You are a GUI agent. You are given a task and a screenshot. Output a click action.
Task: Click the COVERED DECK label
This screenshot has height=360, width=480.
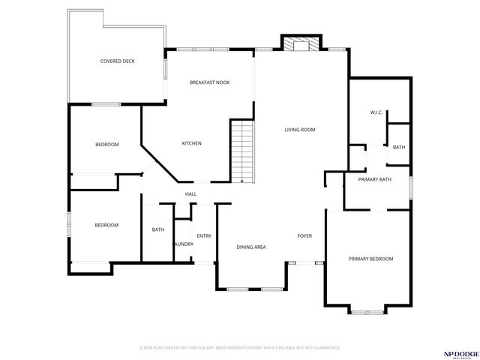(x=117, y=61)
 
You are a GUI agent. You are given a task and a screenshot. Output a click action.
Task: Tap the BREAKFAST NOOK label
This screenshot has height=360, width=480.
(x=209, y=82)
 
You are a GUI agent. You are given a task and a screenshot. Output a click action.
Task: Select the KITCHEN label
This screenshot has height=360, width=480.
(x=192, y=143)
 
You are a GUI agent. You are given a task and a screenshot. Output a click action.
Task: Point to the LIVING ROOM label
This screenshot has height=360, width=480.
(x=299, y=130)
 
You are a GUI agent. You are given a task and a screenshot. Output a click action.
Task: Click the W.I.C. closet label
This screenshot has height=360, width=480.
(x=376, y=112)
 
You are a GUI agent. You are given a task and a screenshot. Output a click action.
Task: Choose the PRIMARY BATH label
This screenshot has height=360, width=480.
(x=375, y=179)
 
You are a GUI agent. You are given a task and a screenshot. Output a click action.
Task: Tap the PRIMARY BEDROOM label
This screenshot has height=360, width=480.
(x=370, y=259)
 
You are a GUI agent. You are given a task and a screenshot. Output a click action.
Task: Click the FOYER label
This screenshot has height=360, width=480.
(x=304, y=236)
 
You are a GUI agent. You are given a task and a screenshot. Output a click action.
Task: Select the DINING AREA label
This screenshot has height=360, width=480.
(x=251, y=247)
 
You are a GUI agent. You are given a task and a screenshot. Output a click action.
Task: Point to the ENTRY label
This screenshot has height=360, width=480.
(x=203, y=236)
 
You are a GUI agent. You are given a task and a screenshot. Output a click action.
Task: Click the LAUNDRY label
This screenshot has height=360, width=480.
(x=183, y=244)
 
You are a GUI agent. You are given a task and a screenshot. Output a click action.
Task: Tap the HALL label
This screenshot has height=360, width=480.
(x=190, y=194)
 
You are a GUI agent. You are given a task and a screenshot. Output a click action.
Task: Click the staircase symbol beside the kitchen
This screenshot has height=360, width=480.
(x=242, y=150)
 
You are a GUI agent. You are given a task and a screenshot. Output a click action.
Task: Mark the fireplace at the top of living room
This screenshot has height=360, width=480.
(x=300, y=44)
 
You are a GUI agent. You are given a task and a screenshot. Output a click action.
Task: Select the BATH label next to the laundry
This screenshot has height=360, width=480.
(x=158, y=229)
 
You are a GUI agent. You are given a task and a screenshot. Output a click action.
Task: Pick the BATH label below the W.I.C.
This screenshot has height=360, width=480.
(x=398, y=147)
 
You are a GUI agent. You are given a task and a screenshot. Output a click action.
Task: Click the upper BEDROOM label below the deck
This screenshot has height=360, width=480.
(x=106, y=144)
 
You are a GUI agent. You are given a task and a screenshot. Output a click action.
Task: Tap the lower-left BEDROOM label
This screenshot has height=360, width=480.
(x=106, y=225)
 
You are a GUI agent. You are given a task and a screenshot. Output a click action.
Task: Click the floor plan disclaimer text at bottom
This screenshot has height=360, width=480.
(x=240, y=348)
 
